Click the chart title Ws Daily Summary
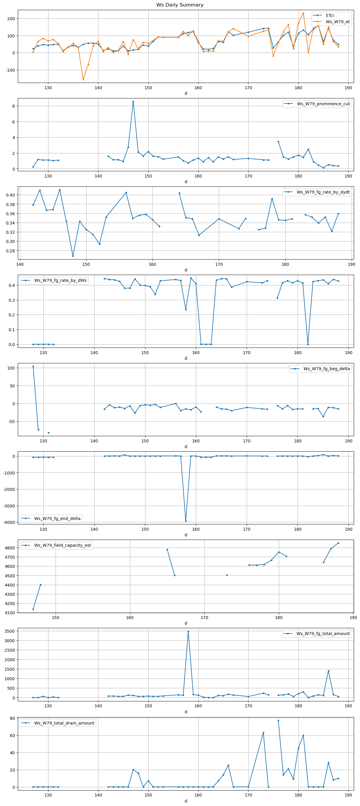pos(180,5)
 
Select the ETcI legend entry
pos(330,15)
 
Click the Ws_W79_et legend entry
pos(337,22)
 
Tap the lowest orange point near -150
pos(83,79)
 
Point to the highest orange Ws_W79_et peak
pos(303,13)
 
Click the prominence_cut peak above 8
pos(133,102)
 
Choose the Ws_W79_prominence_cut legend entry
pos(323,104)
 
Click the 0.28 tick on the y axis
pos(11,251)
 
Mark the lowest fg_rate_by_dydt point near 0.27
pos(73,256)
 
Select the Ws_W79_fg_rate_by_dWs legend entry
pos(60,280)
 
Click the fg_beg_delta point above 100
pos(33,366)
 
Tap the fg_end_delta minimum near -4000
pos(186,521)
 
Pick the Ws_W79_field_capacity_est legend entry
pos(62,545)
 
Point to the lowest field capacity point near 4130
pos(33,609)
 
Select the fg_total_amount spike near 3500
pos(188,631)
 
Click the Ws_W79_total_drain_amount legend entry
pos(64,723)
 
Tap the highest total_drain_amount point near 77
pos(278,721)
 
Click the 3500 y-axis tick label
pos(10,631)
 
